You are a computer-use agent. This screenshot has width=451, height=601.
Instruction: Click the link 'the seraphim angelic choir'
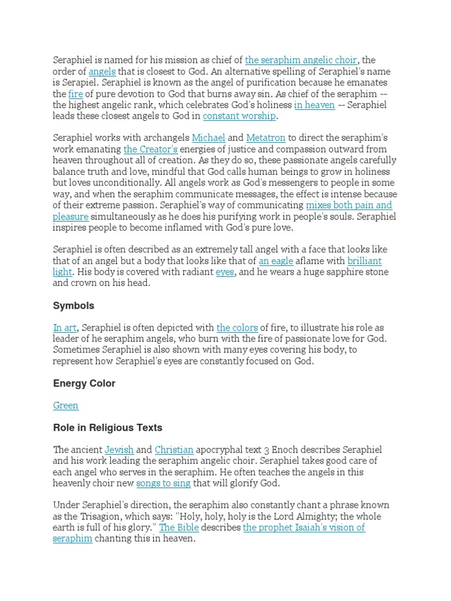[301, 60]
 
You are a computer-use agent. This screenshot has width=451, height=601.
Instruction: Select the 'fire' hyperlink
[76, 94]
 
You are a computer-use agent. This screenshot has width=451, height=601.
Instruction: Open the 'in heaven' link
[314, 105]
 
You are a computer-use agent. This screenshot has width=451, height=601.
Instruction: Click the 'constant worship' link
[239, 116]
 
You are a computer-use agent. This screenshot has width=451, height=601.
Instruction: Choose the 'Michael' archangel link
[208, 138]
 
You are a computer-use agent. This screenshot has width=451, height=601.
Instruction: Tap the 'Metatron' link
[265, 138]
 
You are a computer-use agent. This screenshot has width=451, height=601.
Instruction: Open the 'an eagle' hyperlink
[276, 261]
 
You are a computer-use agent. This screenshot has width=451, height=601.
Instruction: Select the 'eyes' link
[225, 272]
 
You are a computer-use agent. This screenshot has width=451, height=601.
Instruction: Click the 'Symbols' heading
[73, 306]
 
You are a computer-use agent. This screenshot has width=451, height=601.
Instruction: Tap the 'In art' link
[65, 327]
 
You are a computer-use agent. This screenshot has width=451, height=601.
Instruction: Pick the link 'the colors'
[237, 327]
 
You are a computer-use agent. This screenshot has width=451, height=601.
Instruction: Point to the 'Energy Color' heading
[84, 383]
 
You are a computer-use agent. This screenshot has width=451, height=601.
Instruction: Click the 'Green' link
[66, 406]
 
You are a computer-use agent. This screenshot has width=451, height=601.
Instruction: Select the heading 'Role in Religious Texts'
[107, 428]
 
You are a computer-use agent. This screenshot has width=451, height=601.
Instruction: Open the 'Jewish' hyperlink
[119, 450]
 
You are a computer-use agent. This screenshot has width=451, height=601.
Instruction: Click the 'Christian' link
[174, 450]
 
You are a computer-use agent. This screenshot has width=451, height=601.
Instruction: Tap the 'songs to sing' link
[163, 484]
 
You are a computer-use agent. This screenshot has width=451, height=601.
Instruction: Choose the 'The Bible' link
[179, 528]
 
